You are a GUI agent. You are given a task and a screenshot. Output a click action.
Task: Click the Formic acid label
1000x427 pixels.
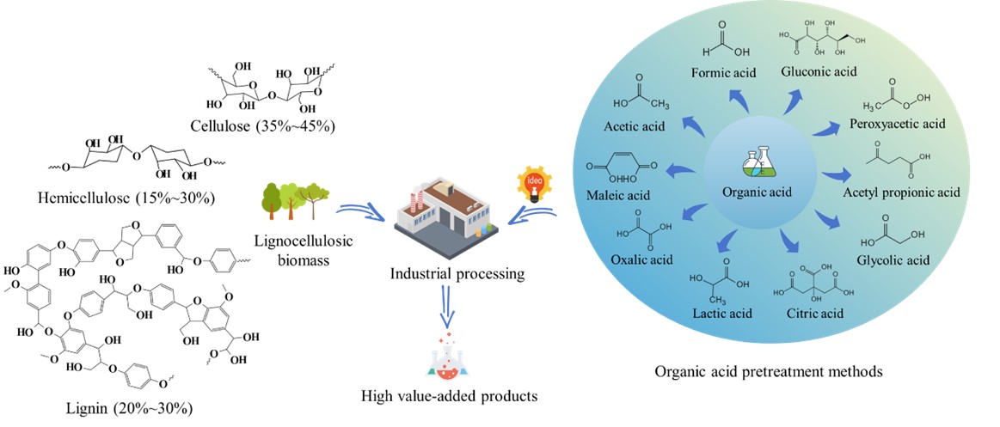[x=724, y=72]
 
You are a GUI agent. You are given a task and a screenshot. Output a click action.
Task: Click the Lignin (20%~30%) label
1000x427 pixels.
[x=127, y=406]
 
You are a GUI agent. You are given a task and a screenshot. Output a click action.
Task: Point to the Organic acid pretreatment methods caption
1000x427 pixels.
[x=768, y=371]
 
